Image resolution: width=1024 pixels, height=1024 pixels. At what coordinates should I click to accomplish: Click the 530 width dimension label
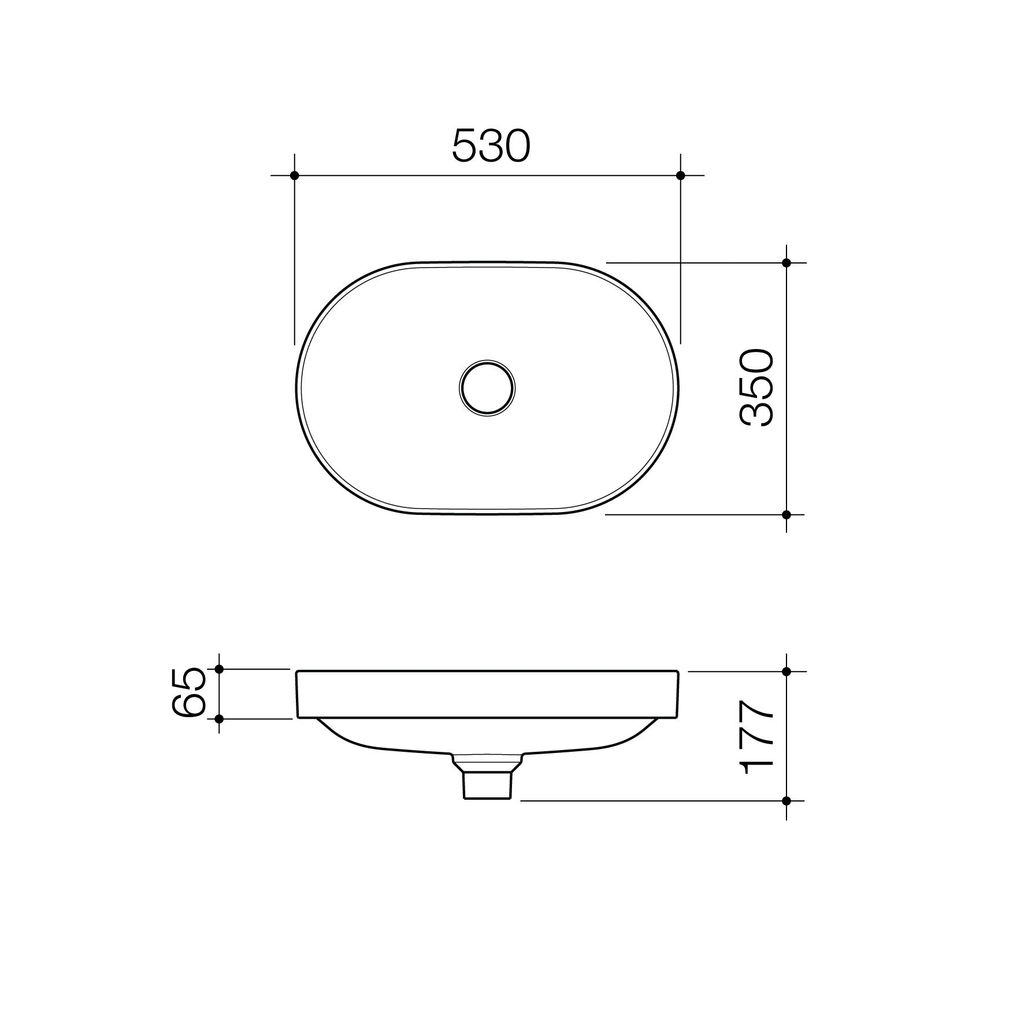coord(490,146)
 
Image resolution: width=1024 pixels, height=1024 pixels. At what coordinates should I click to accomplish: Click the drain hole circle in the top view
coord(487,388)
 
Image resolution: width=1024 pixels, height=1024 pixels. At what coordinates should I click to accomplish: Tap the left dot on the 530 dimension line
coord(295,175)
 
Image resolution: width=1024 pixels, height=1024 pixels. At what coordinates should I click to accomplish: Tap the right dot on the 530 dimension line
coord(680,175)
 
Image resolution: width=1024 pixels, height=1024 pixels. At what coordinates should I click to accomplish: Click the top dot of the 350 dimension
coord(786,263)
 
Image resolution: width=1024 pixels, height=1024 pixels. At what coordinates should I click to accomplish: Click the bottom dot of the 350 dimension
coord(786,514)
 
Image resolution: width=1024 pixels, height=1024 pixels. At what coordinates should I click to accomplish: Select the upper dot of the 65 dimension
coord(219,669)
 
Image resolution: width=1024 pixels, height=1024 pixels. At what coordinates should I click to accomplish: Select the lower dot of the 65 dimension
coord(219,719)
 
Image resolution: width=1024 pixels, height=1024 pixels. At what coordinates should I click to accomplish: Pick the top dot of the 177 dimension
coord(786,671)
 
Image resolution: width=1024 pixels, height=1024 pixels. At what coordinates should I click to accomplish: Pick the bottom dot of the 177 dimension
coord(786,800)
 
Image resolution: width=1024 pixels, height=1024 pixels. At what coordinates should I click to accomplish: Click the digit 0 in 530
coord(516,146)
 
